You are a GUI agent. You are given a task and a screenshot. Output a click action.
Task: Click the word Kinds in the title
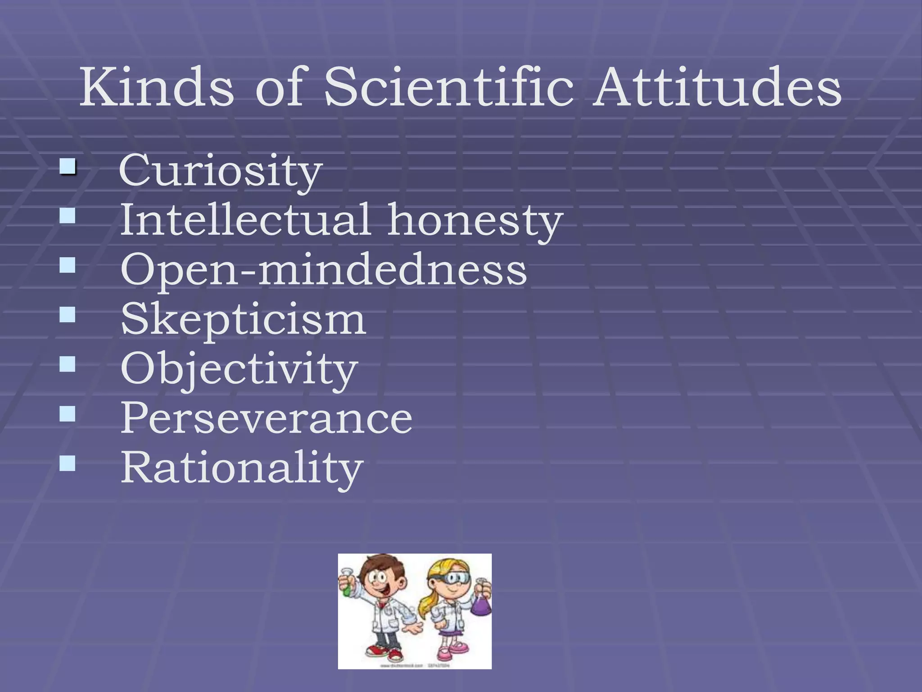[x=156, y=86]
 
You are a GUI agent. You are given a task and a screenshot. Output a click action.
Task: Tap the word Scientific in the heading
[x=448, y=86]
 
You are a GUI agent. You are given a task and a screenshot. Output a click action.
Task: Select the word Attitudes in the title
[x=716, y=86]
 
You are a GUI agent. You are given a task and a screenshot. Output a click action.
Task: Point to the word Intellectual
[x=245, y=219]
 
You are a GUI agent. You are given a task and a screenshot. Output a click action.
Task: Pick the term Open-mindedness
[x=323, y=270]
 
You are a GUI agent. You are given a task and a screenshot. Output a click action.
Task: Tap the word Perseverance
[x=266, y=418]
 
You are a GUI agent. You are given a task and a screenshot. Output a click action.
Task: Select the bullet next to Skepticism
[x=67, y=314]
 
